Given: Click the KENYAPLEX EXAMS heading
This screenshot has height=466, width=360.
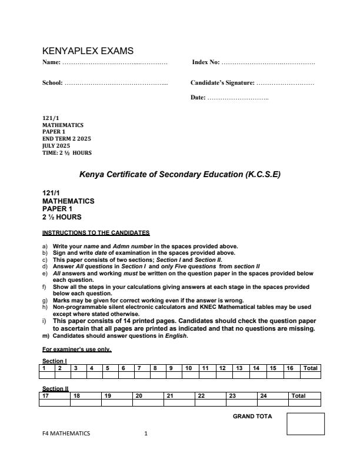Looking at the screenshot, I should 88,51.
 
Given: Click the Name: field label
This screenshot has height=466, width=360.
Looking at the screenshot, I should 52,62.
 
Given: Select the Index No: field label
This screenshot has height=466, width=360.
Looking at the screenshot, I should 206,62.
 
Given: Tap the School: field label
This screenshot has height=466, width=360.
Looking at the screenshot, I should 53,83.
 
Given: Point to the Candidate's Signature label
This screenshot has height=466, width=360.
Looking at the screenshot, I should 222,83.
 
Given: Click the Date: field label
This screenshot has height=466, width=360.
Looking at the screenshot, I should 198,97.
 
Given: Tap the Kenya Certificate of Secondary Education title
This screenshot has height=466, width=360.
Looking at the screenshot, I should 180,175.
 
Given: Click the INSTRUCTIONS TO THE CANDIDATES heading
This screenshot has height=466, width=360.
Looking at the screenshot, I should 96,232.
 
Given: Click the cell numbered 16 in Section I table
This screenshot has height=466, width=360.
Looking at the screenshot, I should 290,368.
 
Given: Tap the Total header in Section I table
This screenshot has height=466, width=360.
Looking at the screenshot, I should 310,368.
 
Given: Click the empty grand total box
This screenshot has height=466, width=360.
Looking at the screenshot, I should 305,424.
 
